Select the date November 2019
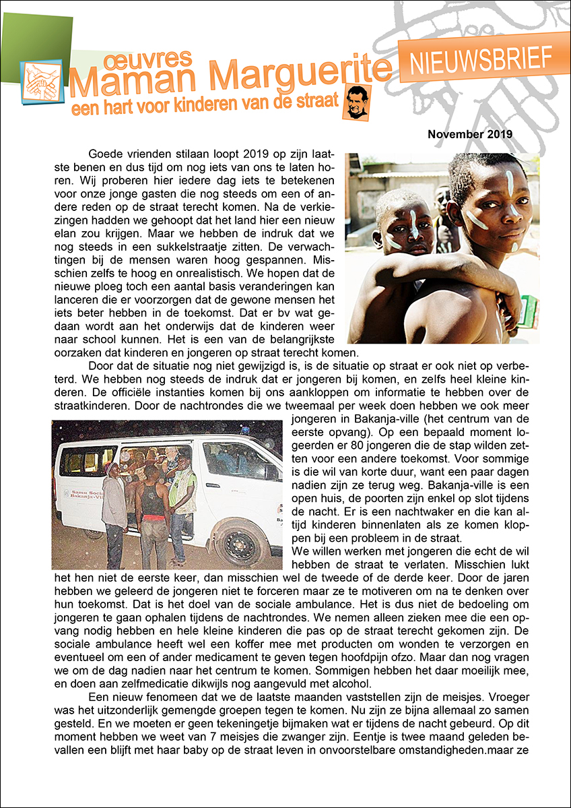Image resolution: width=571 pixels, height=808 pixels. pyautogui.click(x=470, y=134)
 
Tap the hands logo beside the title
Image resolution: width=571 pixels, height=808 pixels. pyautogui.click(x=41, y=82)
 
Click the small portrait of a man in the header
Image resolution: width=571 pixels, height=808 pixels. pyautogui.click(x=355, y=102)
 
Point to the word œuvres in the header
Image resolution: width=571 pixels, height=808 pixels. pyautogui.click(x=148, y=60)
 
